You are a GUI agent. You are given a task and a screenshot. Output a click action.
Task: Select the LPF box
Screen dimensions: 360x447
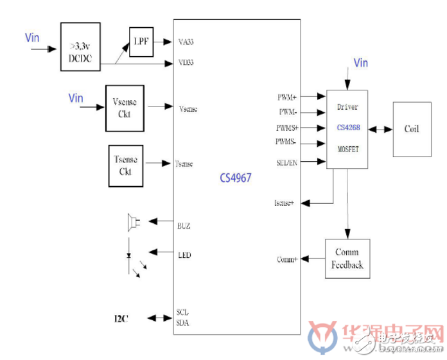pyautogui.click(x=141, y=40)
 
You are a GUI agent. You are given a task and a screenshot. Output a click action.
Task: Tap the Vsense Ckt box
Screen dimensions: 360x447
pyautogui.click(x=125, y=108)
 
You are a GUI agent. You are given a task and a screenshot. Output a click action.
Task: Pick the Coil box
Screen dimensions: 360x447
pyautogui.click(x=411, y=128)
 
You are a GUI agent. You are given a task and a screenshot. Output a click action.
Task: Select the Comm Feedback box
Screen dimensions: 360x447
pyautogui.click(x=348, y=258)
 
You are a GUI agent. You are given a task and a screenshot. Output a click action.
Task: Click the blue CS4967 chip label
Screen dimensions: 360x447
pyautogui.click(x=233, y=178)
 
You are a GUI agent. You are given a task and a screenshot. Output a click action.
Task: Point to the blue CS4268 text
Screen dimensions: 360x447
pyautogui.click(x=347, y=128)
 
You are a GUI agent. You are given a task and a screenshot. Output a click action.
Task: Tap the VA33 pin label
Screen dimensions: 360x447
pyautogui.click(x=186, y=42)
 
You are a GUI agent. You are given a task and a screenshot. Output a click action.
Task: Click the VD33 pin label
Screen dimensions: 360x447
pyautogui.click(x=186, y=63)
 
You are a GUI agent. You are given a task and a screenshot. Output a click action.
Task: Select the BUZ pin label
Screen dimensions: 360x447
pyautogui.click(x=184, y=227)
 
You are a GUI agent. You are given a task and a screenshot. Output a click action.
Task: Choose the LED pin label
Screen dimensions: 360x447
pyautogui.click(x=184, y=255)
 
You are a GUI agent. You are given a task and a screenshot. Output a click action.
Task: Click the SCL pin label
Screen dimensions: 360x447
pyautogui.click(x=183, y=313)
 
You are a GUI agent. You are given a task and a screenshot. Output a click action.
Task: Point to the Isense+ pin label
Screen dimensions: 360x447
pyautogui.click(x=284, y=203)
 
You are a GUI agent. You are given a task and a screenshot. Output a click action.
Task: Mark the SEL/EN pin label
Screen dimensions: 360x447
pyautogui.click(x=286, y=162)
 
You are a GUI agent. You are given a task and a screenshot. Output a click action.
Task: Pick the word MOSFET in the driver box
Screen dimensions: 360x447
pyautogui.click(x=347, y=150)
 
